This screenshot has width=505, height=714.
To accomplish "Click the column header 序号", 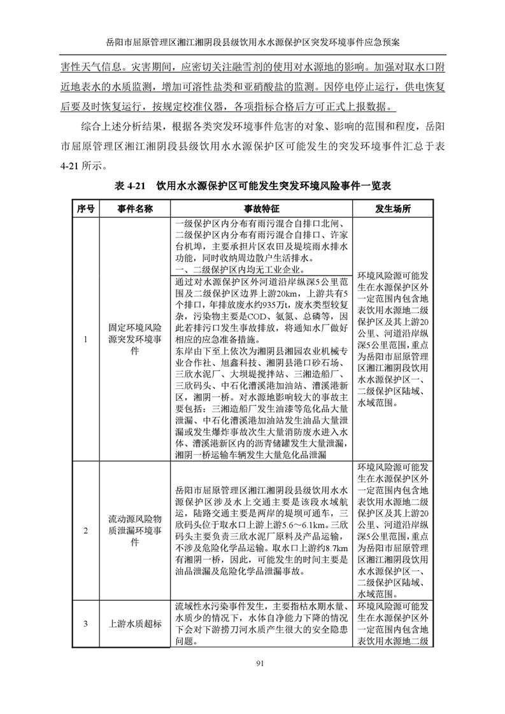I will coord(85,209).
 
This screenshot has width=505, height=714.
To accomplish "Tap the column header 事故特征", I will coord(261,209).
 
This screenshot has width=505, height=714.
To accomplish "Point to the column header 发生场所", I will coord(392,209).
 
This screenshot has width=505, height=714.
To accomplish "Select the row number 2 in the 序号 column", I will coord(85,530).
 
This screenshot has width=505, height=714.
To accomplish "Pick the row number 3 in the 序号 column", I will coord(85,623).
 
